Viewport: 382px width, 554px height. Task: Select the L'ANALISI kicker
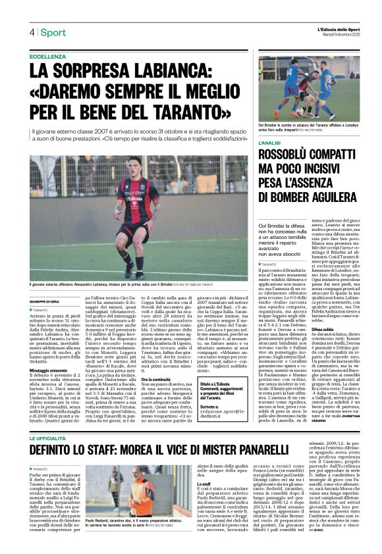[x=271, y=143]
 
